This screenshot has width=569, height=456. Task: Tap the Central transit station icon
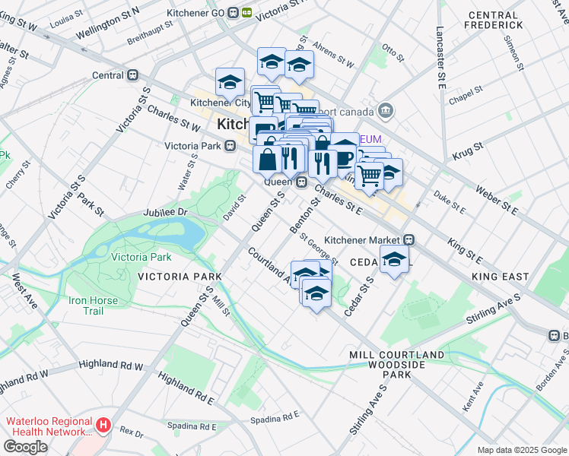pos(133,75)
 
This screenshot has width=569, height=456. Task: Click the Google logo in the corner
pos(24,447)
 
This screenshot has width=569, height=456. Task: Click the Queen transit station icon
pos(301,182)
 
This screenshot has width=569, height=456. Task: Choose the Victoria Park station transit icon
pos(228,146)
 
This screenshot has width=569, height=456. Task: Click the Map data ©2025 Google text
pos(522,450)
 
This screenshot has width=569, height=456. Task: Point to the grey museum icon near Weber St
pos(386,111)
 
